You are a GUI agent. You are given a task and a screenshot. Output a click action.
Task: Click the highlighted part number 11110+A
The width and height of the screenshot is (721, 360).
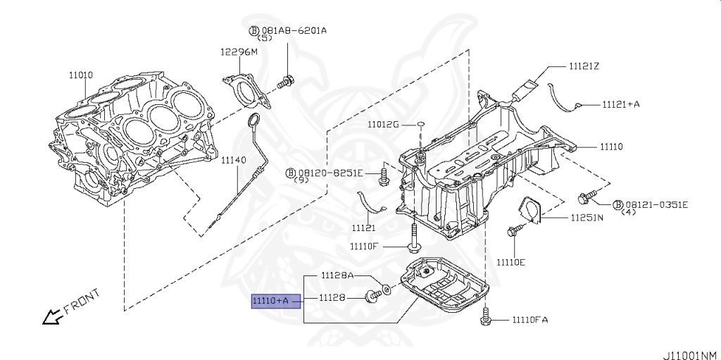click(x=270, y=301)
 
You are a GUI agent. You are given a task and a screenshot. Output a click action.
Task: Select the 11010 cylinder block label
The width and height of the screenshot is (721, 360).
click(x=80, y=74)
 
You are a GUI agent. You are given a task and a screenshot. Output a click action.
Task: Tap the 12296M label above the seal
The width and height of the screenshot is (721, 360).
click(x=239, y=52)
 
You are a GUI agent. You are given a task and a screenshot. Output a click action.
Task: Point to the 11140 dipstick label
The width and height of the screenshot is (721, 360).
click(x=233, y=161)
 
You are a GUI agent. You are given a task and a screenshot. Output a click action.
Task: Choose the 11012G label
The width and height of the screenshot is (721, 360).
click(x=382, y=125)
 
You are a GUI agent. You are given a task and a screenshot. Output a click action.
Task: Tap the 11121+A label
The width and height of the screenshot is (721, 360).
click(x=620, y=104)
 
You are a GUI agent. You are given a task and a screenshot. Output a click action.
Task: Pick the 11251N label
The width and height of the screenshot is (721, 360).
click(x=587, y=218)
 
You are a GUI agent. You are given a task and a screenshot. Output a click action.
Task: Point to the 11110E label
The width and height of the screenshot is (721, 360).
click(x=510, y=262)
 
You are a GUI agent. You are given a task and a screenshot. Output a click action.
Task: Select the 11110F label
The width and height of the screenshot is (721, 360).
click(x=364, y=246)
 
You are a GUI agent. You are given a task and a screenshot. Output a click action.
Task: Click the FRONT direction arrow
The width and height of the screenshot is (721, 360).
click(x=51, y=318)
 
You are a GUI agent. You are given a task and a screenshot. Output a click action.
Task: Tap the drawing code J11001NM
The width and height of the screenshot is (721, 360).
click(x=689, y=354)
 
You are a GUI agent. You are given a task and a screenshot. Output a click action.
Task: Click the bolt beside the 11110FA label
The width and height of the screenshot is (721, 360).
click(x=485, y=318)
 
